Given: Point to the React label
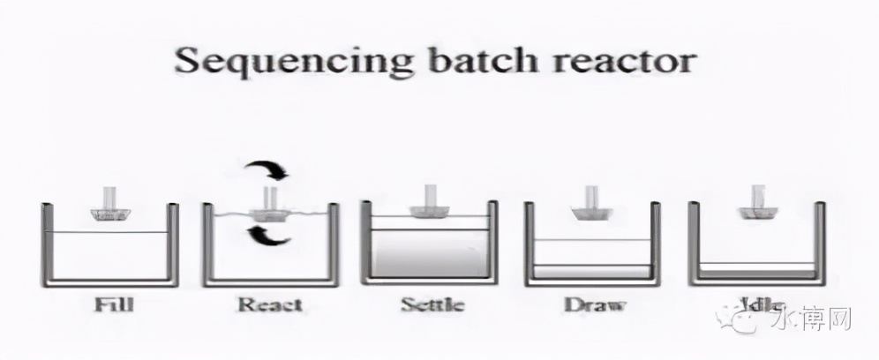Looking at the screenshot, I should tap(268, 305).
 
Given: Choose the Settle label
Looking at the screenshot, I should tap(432, 305).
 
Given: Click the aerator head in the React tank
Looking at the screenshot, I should tap(269, 214).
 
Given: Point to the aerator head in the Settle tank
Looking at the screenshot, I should tap(431, 211).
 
